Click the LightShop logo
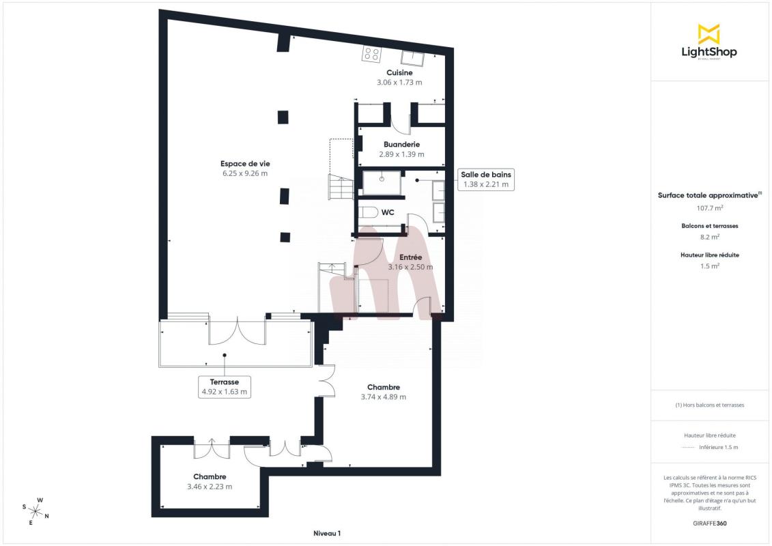click(709, 42)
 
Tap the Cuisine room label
click(399, 73)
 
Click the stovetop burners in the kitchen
click(371, 54)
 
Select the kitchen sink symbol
click(412, 57)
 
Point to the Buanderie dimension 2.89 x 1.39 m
click(401, 154)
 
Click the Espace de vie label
click(245, 164)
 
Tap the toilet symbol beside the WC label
click(367, 213)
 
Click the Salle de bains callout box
click(486, 179)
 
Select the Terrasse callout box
click(225, 387)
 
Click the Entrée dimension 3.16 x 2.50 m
click(411, 267)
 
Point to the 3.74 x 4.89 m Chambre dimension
click(384, 397)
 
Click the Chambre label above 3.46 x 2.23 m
click(210, 476)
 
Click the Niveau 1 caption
click(327, 533)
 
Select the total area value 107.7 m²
click(709, 207)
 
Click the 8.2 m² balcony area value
click(709, 237)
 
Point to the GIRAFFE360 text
click(709, 523)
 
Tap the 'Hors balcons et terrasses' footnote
click(709, 405)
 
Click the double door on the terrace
click(238, 331)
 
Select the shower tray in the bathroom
click(382, 182)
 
